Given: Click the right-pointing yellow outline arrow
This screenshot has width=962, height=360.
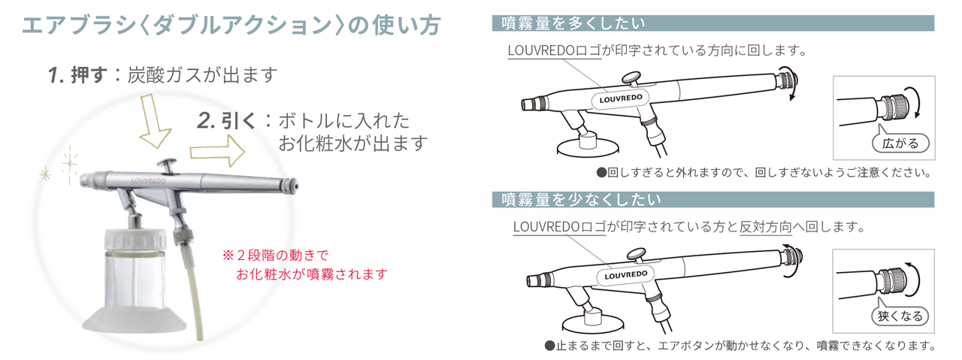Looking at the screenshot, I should [x=217, y=152].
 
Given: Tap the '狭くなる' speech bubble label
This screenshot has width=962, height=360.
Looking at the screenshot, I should [x=899, y=316].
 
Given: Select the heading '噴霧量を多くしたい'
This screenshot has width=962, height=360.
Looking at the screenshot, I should [x=573, y=23].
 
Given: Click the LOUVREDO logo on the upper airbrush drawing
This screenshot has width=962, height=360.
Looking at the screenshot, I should [x=622, y=98].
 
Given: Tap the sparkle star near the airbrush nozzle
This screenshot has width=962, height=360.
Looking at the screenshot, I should [x=71, y=159].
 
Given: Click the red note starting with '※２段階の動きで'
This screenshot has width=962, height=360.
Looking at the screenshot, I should [x=304, y=265].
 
